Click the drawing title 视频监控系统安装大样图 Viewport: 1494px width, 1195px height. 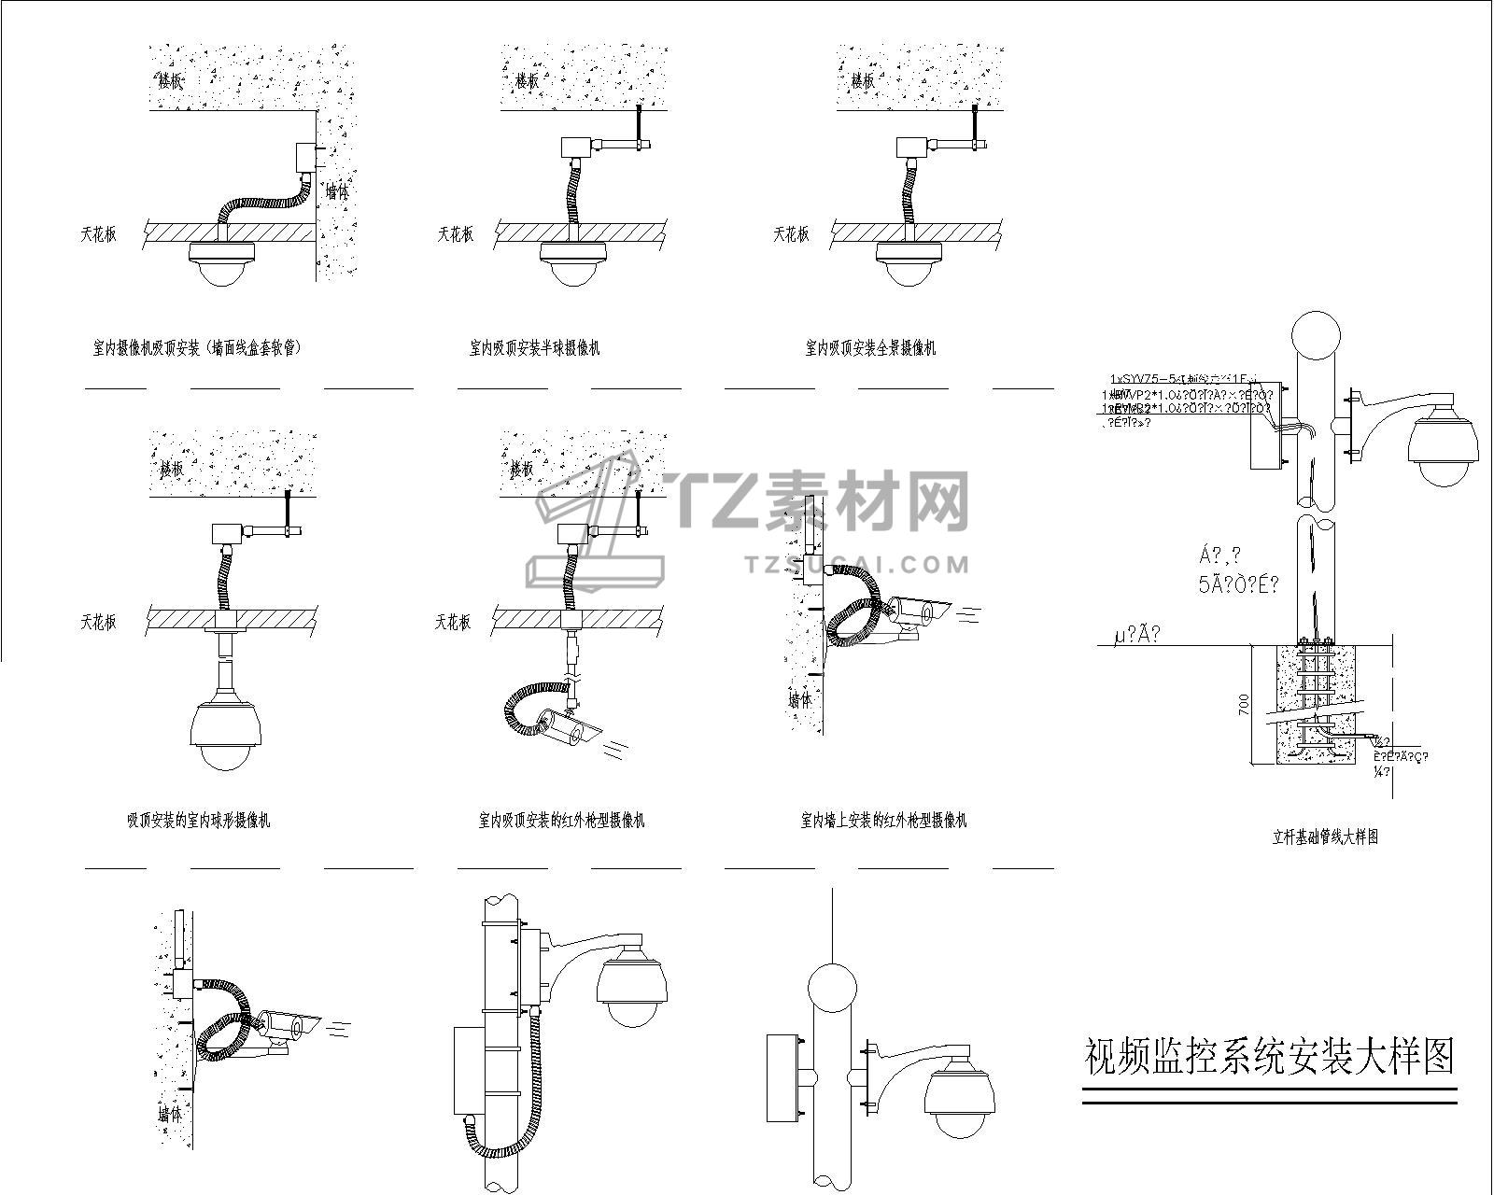tap(1269, 1056)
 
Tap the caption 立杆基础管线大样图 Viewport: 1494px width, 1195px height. tap(1326, 837)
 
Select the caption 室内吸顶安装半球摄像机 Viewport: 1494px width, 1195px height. tap(535, 348)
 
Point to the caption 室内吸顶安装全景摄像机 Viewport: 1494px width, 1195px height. tap(870, 348)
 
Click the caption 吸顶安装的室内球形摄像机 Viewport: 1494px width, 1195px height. tap(199, 821)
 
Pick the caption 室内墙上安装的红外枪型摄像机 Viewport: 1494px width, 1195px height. tap(883, 821)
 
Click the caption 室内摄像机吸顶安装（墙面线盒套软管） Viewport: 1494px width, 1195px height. tap(197, 348)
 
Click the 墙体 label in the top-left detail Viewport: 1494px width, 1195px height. tap(336, 192)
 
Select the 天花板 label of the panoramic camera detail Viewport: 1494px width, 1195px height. tap(791, 234)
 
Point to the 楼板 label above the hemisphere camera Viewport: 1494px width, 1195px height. tap(527, 81)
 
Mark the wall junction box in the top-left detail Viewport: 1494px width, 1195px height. tap(303, 156)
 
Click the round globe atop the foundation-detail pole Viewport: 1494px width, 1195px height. tap(1315, 335)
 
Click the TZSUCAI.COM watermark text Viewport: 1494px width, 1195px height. tap(857, 564)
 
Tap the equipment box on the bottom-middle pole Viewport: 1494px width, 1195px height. tap(469, 1069)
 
